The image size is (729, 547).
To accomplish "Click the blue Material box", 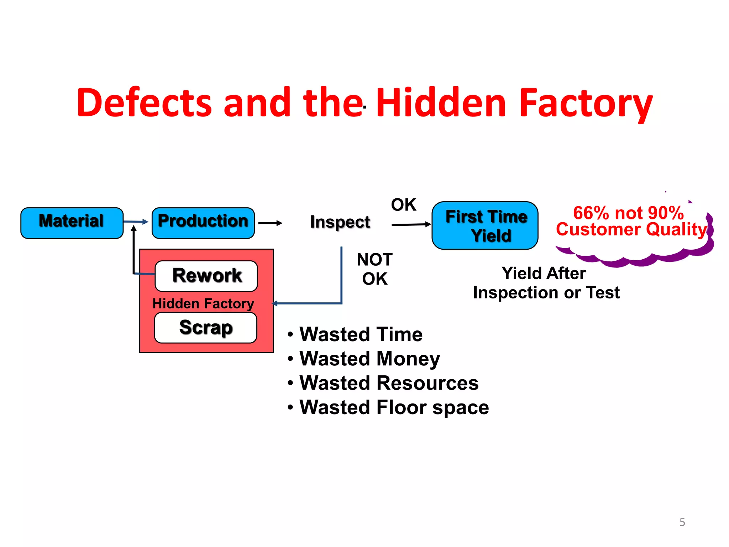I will (x=72, y=223).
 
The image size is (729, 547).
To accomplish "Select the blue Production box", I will (x=203, y=223).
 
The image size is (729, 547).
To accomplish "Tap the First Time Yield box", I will (x=485, y=225).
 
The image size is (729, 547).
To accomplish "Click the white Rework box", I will (x=206, y=276).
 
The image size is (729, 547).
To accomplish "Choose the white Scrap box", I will (x=205, y=328).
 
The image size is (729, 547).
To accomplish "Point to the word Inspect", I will (x=340, y=222).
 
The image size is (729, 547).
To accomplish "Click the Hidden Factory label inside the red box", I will (x=203, y=303).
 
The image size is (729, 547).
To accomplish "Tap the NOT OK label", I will (x=374, y=269).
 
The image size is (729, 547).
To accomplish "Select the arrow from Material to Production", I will (x=136, y=222).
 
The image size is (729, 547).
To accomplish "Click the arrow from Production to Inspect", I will (x=270, y=223).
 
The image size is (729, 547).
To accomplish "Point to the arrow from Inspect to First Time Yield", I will (x=411, y=224).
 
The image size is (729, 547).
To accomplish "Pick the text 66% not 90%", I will (x=628, y=213).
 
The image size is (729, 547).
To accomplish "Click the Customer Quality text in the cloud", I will (x=631, y=229).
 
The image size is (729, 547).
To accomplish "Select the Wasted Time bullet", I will (x=361, y=334).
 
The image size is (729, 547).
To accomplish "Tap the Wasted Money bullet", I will (x=369, y=359).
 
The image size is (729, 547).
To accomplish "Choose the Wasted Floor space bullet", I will (x=394, y=407).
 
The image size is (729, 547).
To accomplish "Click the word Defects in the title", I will (x=144, y=103).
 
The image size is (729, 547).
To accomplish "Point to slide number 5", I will (x=682, y=522).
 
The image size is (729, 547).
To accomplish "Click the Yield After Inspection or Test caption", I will (x=546, y=283).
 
